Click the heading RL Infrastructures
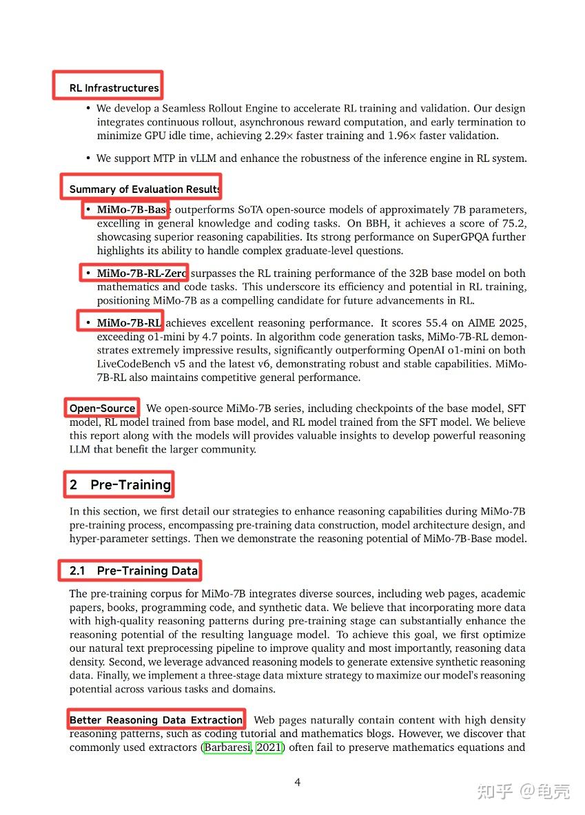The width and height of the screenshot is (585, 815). [x=114, y=88]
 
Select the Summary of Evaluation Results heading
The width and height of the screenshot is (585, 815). [x=145, y=189]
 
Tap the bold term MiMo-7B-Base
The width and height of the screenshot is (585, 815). [x=132, y=209]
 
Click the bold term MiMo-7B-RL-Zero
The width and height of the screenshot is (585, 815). [x=141, y=274]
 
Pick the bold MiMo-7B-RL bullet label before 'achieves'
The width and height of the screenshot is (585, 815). [x=129, y=323]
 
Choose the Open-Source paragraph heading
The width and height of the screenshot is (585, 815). [x=102, y=409]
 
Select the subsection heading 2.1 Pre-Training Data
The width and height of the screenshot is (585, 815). [x=134, y=570]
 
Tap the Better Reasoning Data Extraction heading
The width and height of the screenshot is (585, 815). [x=156, y=720]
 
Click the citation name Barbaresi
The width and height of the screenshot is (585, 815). [x=227, y=747]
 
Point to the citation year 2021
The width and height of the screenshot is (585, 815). [x=269, y=747]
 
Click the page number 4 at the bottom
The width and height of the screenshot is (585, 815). [x=298, y=782]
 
